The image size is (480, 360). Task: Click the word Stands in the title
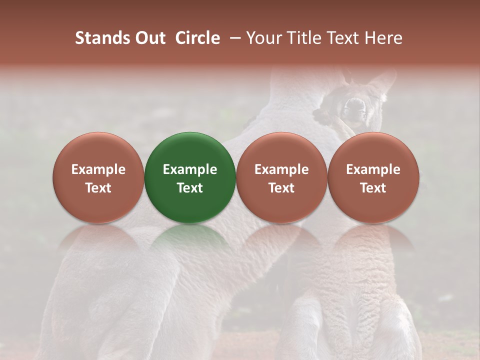pos(102,38)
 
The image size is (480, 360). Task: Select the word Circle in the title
pos(197,38)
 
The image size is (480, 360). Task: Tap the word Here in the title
pos(383,38)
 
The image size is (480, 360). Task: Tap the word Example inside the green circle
pos(190,169)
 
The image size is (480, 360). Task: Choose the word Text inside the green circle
pos(190,188)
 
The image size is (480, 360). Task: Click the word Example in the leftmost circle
pos(98,169)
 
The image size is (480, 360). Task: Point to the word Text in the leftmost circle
pos(98,188)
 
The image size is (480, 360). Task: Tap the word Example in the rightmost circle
pos(373,169)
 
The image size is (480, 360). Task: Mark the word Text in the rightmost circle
pos(373,188)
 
